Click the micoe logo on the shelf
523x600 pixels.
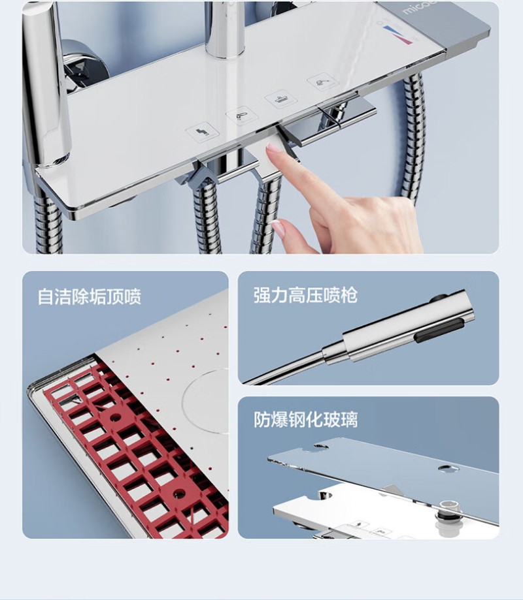(x=419, y=7)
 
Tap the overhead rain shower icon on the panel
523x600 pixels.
(x=282, y=99)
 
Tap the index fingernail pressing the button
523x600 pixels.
(x=273, y=148)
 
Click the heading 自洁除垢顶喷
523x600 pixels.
(x=90, y=296)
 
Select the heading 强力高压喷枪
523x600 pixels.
(x=305, y=295)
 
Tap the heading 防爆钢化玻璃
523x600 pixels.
(x=305, y=419)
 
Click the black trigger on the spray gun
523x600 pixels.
(x=440, y=330)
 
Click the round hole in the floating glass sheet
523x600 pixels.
(x=446, y=467)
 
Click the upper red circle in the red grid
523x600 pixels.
(x=115, y=417)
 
